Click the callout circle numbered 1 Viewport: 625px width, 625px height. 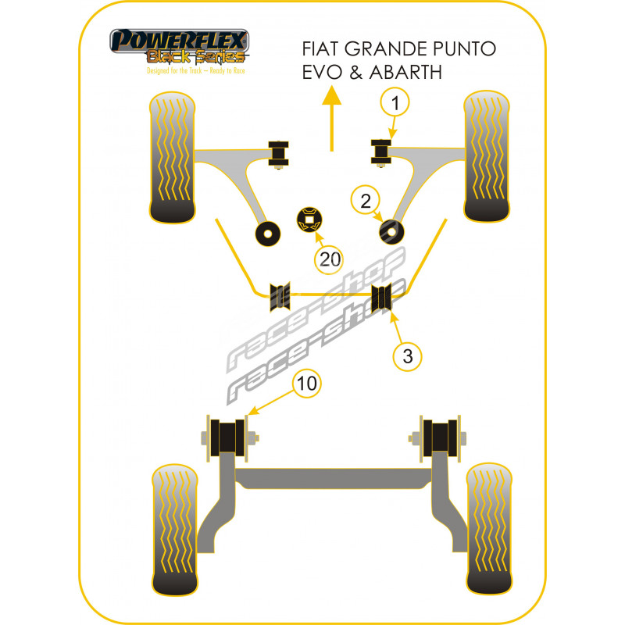(x=395, y=102)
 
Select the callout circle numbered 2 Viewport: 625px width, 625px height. (x=365, y=202)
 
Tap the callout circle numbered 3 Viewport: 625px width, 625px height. (x=407, y=357)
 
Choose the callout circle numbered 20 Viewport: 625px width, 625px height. (x=330, y=259)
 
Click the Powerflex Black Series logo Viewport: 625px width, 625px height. (x=179, y=48)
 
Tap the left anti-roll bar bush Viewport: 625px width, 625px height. (x=279, y=295)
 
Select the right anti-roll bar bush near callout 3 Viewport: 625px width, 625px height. (x=382, y=298)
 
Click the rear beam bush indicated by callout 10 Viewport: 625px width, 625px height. (x=229, y=438)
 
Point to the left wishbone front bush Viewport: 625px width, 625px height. (x=278, y=150)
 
